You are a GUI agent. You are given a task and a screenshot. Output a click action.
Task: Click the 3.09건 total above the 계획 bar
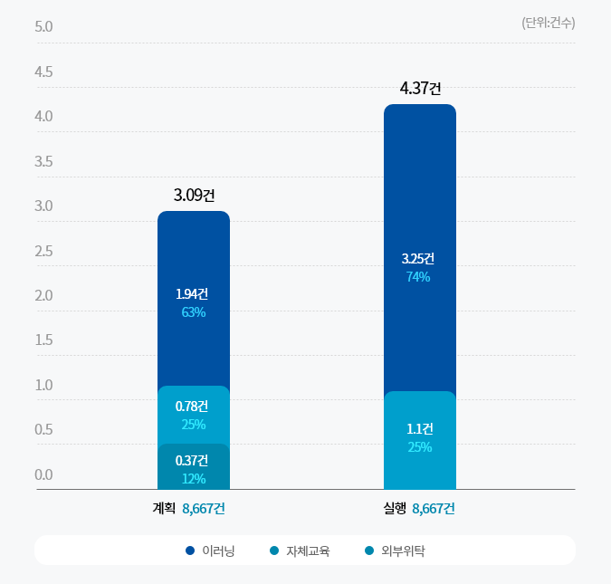[x=194, y=195]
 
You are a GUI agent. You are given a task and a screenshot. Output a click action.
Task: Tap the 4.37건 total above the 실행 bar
[x=420, y=89]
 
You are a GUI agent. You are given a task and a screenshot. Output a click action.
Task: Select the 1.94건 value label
[x=192, y=294]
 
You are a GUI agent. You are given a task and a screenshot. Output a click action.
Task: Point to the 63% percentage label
[x=194, y=312]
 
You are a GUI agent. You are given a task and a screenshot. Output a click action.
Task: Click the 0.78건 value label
[x=192, y=406]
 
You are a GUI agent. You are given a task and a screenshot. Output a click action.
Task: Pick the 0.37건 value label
[x=192, y=460]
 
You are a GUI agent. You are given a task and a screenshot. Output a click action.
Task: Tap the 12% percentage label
[x=194, y=479]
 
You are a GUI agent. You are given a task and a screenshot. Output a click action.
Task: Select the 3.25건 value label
[x=418, y=258]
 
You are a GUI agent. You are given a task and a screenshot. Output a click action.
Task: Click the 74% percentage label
[x=418, y=277]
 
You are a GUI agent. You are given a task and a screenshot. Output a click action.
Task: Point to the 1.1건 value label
[x=420, y=428]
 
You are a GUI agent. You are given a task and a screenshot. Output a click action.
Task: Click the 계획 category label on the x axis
[x=164, y=509]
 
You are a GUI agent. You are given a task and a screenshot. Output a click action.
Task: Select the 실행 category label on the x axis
[x=394, y=509]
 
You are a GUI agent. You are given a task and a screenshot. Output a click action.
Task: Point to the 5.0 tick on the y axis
[x=43, y=26]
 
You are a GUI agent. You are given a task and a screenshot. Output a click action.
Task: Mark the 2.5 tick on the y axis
[x=43, y=251]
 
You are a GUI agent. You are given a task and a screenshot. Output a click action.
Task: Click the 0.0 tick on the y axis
[x=43, y=474]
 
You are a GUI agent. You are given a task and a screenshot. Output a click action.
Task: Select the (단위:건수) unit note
[x=548, y=23]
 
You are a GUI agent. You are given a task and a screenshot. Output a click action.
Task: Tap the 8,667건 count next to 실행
[x=433, y=509]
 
